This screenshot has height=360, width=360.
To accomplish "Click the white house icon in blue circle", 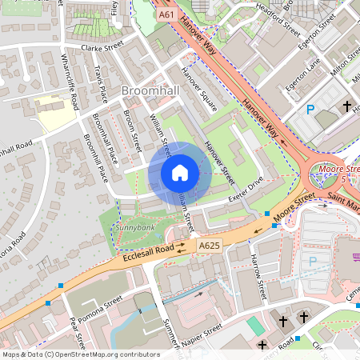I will pyautogui.click(x=180, y=173).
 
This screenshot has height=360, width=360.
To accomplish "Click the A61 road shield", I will pyautogui.click(x=166, y=14).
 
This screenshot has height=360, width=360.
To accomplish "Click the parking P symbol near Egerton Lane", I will pyautogui.click(x=309, y=109).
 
